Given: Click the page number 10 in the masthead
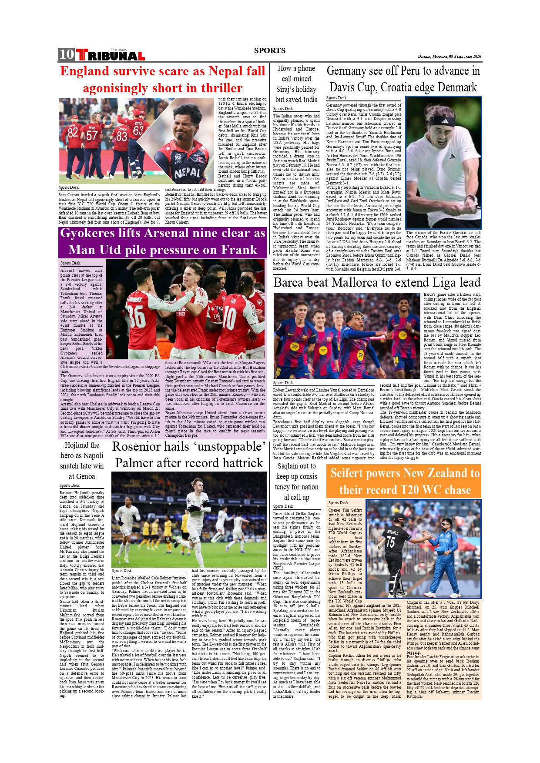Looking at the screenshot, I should [x=67, y=54].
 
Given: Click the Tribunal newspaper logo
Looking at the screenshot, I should [x=111, y=55].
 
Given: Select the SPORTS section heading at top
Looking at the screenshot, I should [x=270, y=50].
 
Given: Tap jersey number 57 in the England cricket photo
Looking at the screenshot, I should [x=92, y=135].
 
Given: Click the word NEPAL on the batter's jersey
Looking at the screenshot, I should [x=187, y=174].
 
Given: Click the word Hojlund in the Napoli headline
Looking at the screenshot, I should [x=77, y=445].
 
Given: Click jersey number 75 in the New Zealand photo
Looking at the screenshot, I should [x=391, y=542].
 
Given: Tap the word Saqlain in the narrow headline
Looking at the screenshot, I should [x=288, y=466].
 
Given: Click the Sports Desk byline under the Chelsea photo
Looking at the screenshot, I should [x=122, y=570].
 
